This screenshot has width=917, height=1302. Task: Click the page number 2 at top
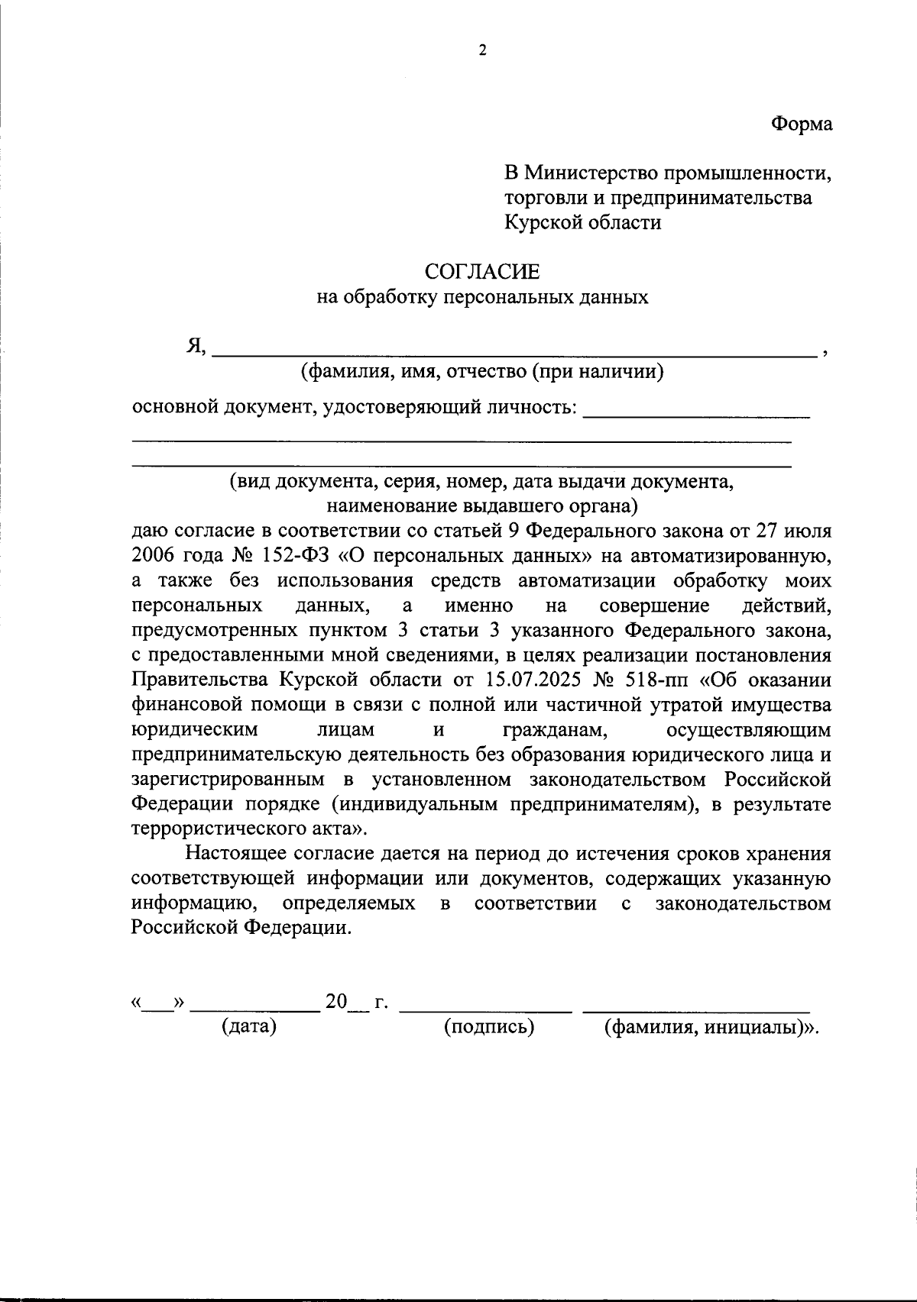point(481,50)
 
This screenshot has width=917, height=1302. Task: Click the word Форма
point(801,124)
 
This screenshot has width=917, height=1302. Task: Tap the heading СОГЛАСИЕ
point(482,271)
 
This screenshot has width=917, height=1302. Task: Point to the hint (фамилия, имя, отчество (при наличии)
point(481,372)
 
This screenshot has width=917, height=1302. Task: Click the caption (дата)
point(248,1026)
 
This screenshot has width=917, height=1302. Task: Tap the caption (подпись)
point(489,1026)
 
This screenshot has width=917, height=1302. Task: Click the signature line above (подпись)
point(486,1010)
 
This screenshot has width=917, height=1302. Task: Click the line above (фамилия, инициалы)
point(696,1010)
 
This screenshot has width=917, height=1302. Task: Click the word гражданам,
point(556,729)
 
